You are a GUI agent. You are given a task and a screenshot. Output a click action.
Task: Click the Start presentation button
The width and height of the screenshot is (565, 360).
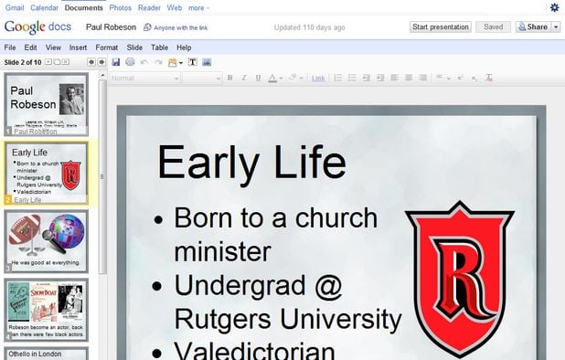(440, 27)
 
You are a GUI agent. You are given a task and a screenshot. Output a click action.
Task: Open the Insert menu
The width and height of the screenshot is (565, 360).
(78, 48)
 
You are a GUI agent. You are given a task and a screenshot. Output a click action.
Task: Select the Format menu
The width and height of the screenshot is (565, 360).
(106, 48)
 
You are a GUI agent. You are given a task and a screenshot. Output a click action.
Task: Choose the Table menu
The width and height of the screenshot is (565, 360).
(159, 48)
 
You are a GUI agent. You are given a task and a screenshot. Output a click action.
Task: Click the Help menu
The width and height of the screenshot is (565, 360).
(184, 48)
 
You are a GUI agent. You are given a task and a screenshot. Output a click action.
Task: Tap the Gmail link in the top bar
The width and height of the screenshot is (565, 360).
(15, 7)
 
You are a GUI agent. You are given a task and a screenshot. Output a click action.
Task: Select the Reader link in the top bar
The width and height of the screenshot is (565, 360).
(149, 7)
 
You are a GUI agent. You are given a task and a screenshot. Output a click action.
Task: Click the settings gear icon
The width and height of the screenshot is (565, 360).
(554, 7)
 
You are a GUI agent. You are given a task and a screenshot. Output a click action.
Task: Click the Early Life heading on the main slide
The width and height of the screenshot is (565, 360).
(251, 163)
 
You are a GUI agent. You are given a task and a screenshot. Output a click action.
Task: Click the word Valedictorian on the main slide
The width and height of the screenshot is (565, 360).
(255, 351)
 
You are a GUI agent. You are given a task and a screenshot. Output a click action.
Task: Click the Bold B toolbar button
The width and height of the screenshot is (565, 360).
(229, 78)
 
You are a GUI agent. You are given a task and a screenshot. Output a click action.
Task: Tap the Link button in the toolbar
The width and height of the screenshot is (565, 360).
(318, 78)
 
